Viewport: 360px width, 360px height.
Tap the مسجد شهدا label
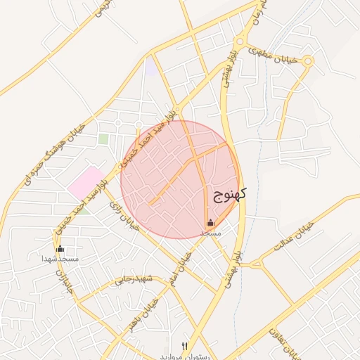60,259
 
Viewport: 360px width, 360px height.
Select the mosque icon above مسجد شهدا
60,248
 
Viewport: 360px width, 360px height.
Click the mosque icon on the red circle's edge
210,223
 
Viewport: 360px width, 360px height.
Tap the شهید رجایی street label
134,279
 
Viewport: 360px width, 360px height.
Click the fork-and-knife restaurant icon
185,346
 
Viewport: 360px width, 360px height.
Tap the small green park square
103,139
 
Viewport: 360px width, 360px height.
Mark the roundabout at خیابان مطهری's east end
307,61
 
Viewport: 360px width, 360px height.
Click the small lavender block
150,67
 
